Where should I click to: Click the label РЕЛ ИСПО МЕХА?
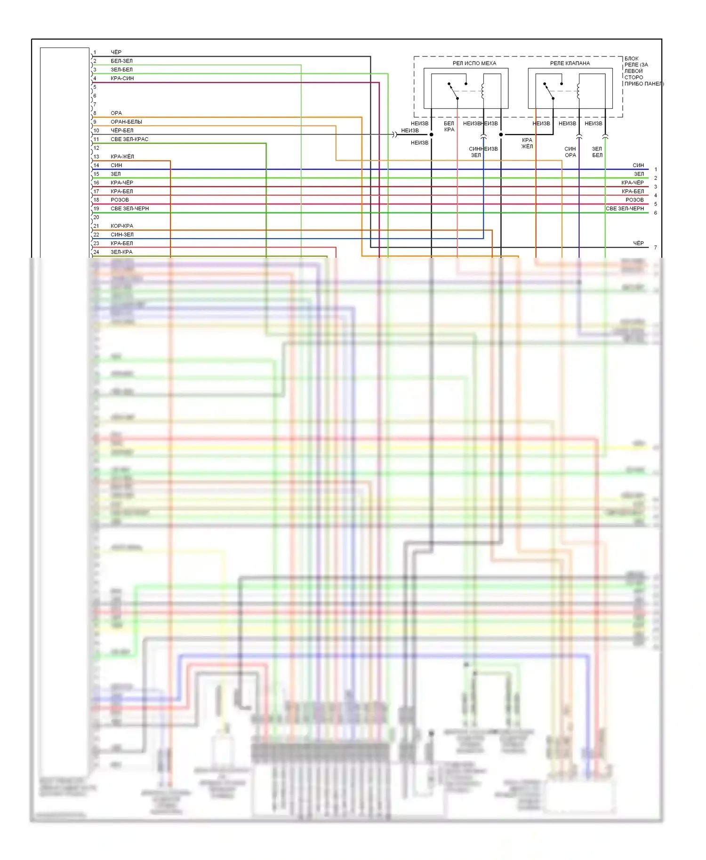pos(474,63)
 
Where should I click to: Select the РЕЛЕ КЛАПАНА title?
pos(570,63)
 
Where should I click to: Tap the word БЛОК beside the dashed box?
pos(631,58)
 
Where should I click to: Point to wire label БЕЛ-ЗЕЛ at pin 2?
pos(121,61)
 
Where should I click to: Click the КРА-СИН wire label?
pos(122,78)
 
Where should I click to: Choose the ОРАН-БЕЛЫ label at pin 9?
pos(126,122)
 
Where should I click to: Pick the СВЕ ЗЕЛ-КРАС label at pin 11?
pos(129,139)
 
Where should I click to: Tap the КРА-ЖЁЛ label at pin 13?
pos(122,157)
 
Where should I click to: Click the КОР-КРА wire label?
pos(122,226)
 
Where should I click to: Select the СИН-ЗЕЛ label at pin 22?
pos(122,235)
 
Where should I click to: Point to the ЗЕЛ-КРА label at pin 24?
pos(121,252)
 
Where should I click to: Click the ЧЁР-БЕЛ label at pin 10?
pos(122,130)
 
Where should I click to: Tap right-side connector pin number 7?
pos(655,247)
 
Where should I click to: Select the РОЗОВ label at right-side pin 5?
pos(634,200)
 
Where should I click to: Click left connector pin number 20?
pos(96,217)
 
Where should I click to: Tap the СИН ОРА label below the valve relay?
pos(570,152)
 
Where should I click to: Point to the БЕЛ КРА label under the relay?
pos(449,127)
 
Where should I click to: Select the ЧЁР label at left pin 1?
pos(116,52)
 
